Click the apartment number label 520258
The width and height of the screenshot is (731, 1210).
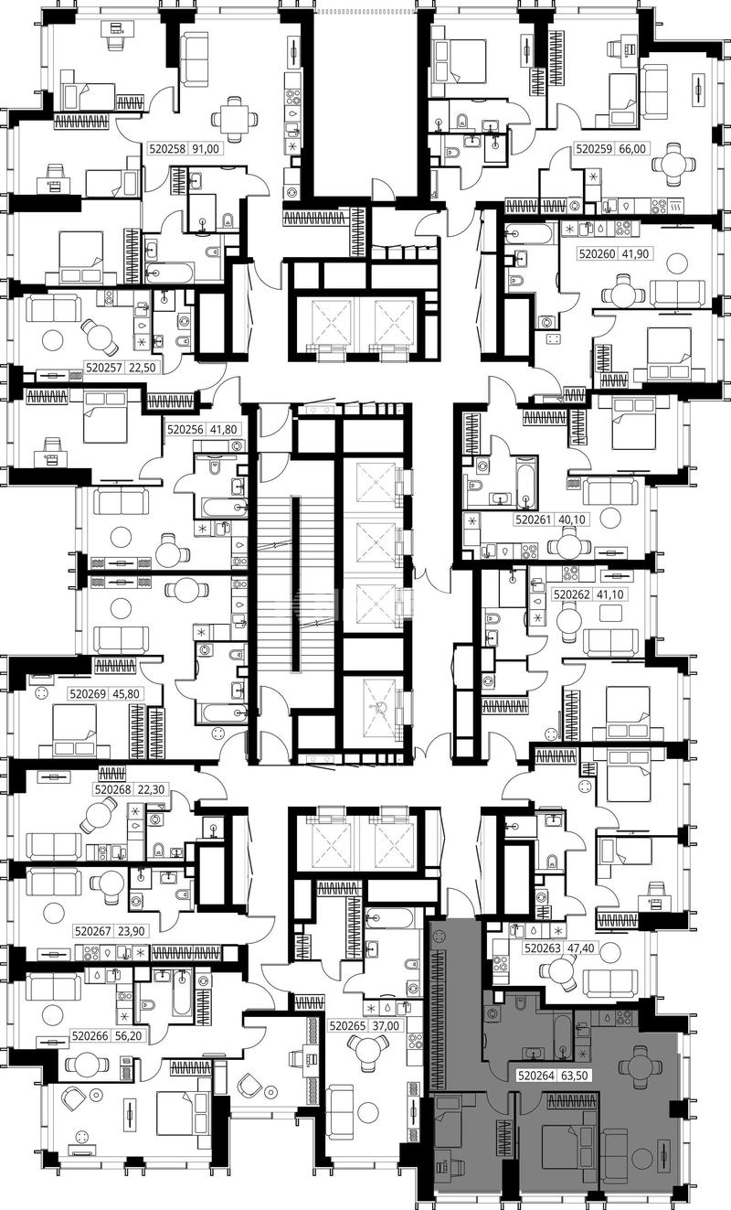click(168, 148)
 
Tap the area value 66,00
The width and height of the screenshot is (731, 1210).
click(631, 148)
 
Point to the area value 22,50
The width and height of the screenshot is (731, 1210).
click(142, 368)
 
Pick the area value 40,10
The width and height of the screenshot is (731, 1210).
click(573, 520)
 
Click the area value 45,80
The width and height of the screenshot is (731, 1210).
click(125, 693)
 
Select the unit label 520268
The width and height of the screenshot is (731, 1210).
click(112, 789)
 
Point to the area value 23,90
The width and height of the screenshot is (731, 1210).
click(130, 931)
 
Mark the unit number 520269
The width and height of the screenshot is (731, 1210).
click(88, 693)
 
